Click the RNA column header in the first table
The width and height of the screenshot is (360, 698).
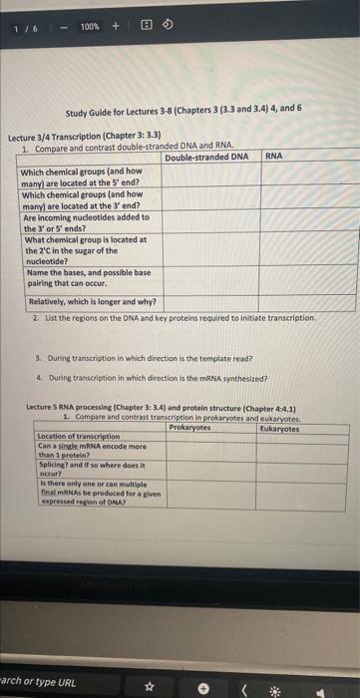(x=274, y=157)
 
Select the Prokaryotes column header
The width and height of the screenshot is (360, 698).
(x=189, y=428)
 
